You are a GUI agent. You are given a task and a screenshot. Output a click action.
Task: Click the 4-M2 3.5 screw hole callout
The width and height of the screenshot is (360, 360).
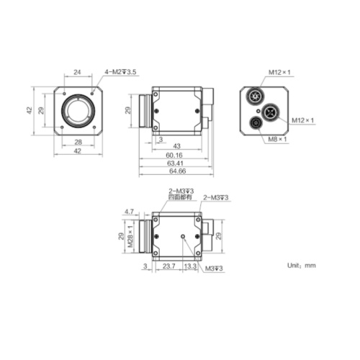[120, 72]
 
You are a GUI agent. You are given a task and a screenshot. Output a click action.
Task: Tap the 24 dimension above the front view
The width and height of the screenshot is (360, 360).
[77, 72]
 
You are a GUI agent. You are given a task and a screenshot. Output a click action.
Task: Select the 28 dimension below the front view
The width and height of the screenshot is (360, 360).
[78, 142]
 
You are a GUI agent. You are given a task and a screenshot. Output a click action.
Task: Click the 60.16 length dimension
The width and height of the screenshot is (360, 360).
[174, 155]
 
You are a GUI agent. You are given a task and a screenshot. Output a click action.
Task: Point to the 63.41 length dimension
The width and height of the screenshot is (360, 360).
[175, 163]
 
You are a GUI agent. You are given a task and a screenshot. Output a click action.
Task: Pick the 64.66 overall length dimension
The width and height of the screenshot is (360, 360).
[178, 171]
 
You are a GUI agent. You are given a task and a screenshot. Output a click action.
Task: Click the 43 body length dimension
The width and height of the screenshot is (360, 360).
[176, 146]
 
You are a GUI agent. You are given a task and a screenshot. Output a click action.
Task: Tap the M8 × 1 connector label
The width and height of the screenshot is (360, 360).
[277, 139]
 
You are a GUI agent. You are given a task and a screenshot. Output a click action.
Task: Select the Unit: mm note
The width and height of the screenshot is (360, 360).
[302, 266]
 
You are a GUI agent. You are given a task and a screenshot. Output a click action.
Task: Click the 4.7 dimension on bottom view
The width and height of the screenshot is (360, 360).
[129, 212]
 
